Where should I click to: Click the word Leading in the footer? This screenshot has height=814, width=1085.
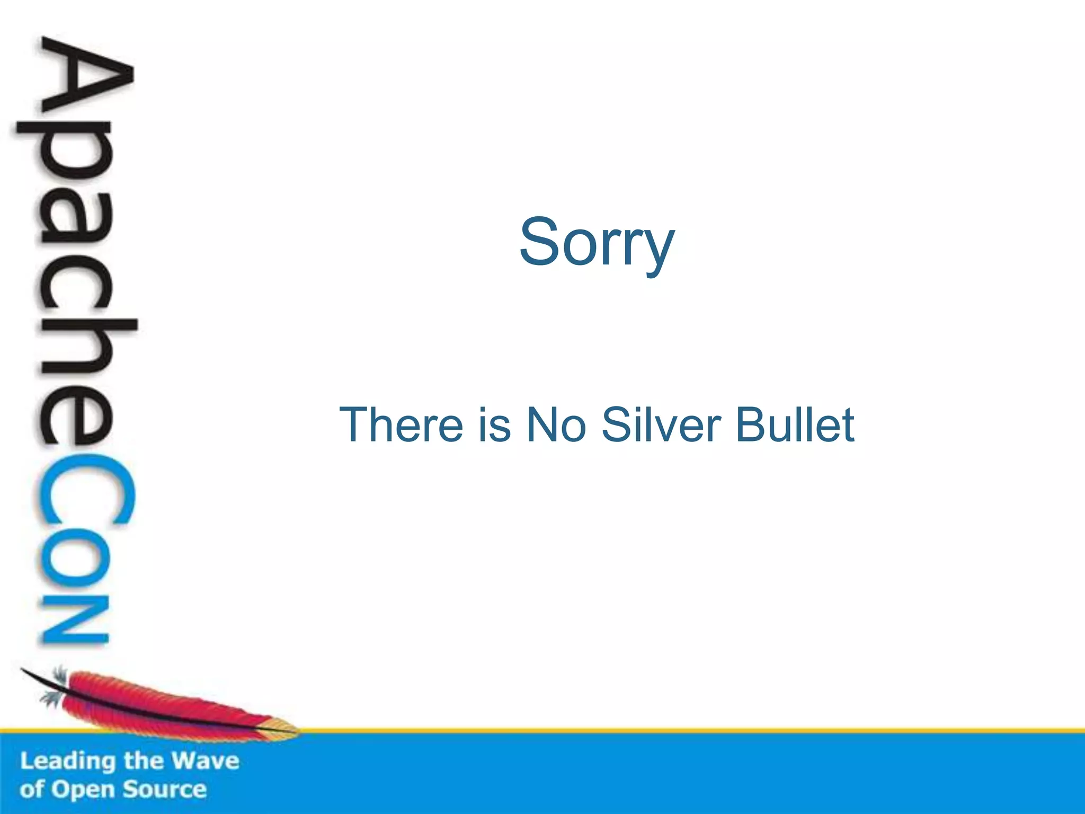click(68, 762)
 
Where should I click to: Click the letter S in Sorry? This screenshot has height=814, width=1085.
click(540, 243)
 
